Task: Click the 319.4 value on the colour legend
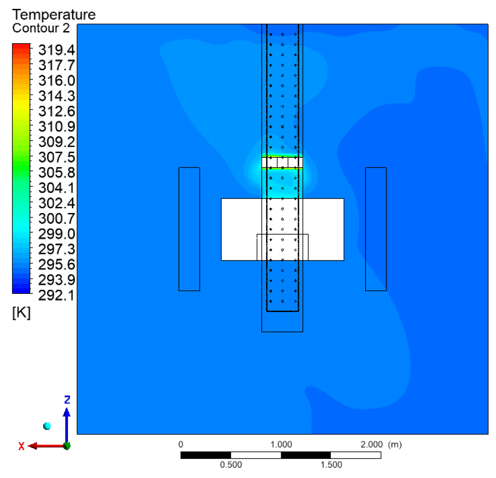point(57,50)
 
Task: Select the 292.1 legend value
point(56,295)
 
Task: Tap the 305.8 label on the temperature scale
point(57,172)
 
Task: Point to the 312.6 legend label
point(57,111)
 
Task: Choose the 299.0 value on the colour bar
point(57,234)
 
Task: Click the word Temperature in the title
point(54,15)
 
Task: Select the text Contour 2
point(41,28)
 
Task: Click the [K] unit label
point(21,313)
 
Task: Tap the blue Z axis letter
point(67,400)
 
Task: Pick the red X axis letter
point(21,446)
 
